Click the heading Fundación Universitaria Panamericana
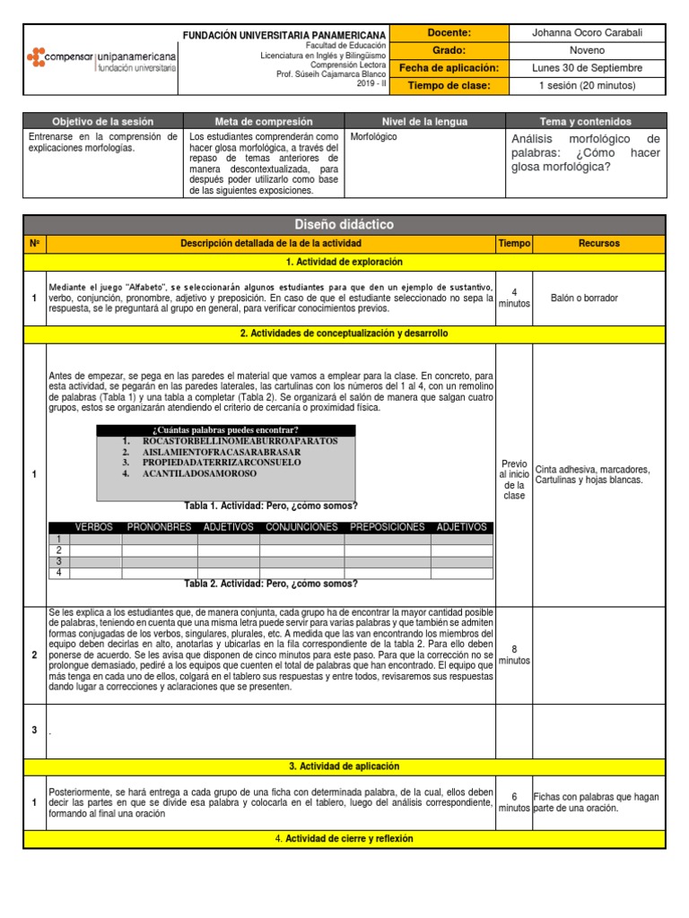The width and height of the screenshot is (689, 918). coord(284,34)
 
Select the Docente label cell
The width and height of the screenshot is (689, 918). coord(450,33)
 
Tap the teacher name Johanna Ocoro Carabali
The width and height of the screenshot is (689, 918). coord(587,33)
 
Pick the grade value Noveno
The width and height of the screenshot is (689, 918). coord(587,50)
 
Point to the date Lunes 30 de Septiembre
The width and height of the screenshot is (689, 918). coord(587,68)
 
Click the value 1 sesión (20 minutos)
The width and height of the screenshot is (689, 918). coord(587,85)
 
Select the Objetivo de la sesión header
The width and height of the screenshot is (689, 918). coord(102,121)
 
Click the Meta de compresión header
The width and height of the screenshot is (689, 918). coord(263,121)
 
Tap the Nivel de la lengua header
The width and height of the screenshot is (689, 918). coord(425,121)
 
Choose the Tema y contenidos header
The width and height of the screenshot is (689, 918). coord(586,121)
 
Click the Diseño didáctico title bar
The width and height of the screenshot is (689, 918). coord(344,224)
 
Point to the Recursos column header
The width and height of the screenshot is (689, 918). coord(598,243)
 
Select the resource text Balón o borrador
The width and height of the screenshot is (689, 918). coord(584,298)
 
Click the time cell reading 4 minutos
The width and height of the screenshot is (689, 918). coord(514,297)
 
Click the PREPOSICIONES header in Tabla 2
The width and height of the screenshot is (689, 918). coord(387,527)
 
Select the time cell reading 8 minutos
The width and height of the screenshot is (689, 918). coord(514,654)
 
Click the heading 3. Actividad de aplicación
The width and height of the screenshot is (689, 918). coord(344,766)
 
